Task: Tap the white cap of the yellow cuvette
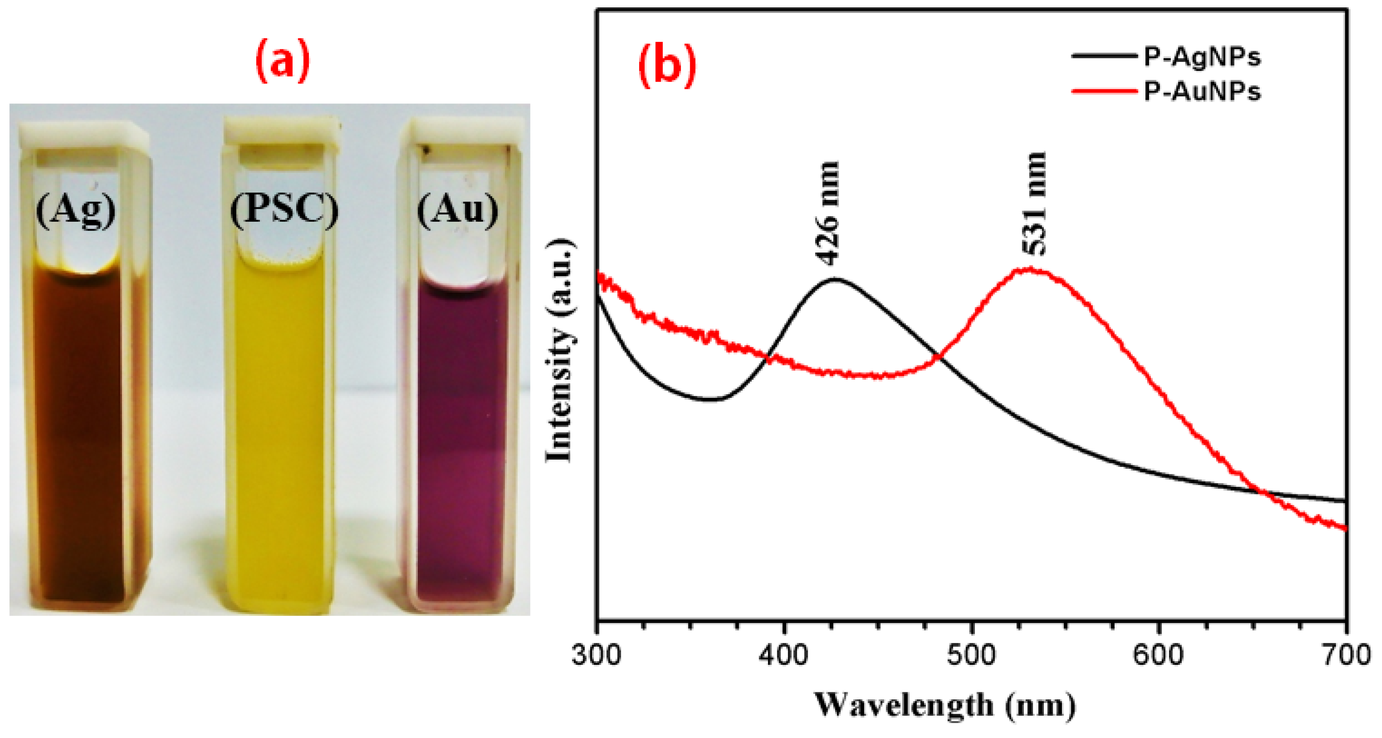[x=281, y=132]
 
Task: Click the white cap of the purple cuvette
[x=463, y=134]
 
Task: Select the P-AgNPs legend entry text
[x=1202, y=57]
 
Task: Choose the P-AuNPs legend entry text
[x=1202, y=92]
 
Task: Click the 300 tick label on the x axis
[x=597, y=656]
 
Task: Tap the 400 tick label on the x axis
[x=784, y=656]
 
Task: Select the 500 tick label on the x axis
[x=971, y=656]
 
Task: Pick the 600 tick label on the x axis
[x=1158, y=656]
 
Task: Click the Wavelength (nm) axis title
[x=945, y=705]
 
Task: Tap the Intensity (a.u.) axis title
[x=559, y=350]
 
